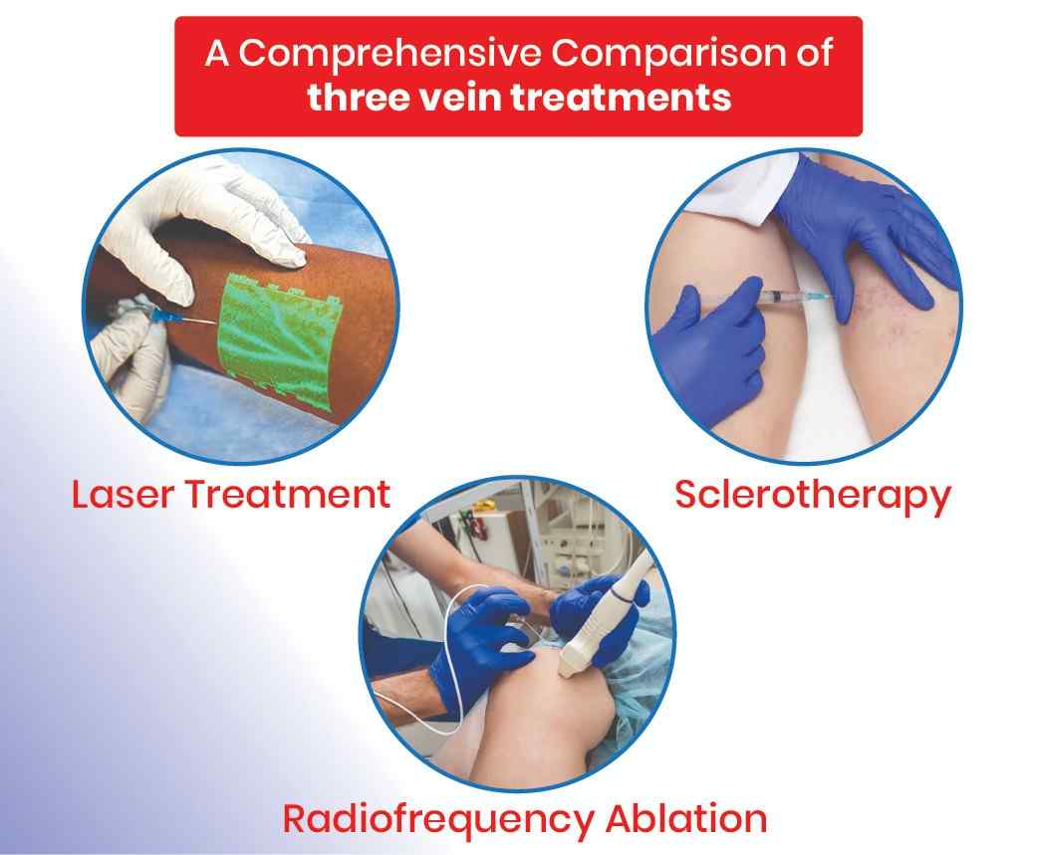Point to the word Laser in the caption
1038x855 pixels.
[123, 495]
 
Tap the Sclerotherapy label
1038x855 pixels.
[812, 497]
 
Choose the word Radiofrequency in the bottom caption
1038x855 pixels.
[437, 820]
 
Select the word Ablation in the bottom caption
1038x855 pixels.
[685, 818]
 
